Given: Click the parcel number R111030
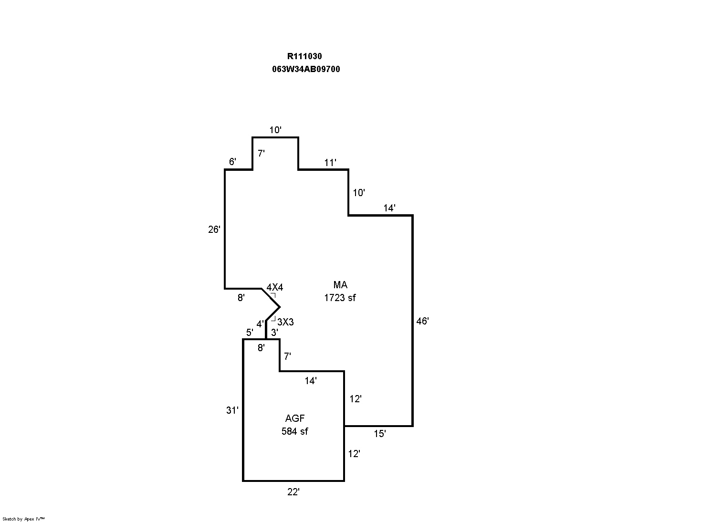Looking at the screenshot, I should coord(304,56).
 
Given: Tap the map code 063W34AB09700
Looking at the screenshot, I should coord(306,69).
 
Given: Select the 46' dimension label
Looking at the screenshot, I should coord(422,321).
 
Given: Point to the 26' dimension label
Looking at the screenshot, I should coord(214,230).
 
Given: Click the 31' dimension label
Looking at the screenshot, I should coord(232,410).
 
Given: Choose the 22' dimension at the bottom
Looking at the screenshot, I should coord(293,492).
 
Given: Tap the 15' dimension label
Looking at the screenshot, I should coord(379,434).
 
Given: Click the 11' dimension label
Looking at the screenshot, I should coord(330,163).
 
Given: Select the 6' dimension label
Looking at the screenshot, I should coord(232,162).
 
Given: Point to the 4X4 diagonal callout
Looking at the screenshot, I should coord(275,287).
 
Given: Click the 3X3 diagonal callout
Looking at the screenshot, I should coord(285,322).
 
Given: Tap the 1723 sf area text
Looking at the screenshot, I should coord(340,298).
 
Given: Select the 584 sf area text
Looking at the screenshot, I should coord(294,431).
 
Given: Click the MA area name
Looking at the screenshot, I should coord(340,285).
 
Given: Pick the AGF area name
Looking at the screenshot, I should coord(295,418).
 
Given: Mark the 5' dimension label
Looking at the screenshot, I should coord(249,333).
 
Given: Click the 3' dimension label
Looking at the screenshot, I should coord(274,333).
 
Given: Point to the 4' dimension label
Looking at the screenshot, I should coord(260,324).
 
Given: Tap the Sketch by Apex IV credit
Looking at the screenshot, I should coord(23,519).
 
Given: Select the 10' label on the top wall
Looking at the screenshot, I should coord(275,130).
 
